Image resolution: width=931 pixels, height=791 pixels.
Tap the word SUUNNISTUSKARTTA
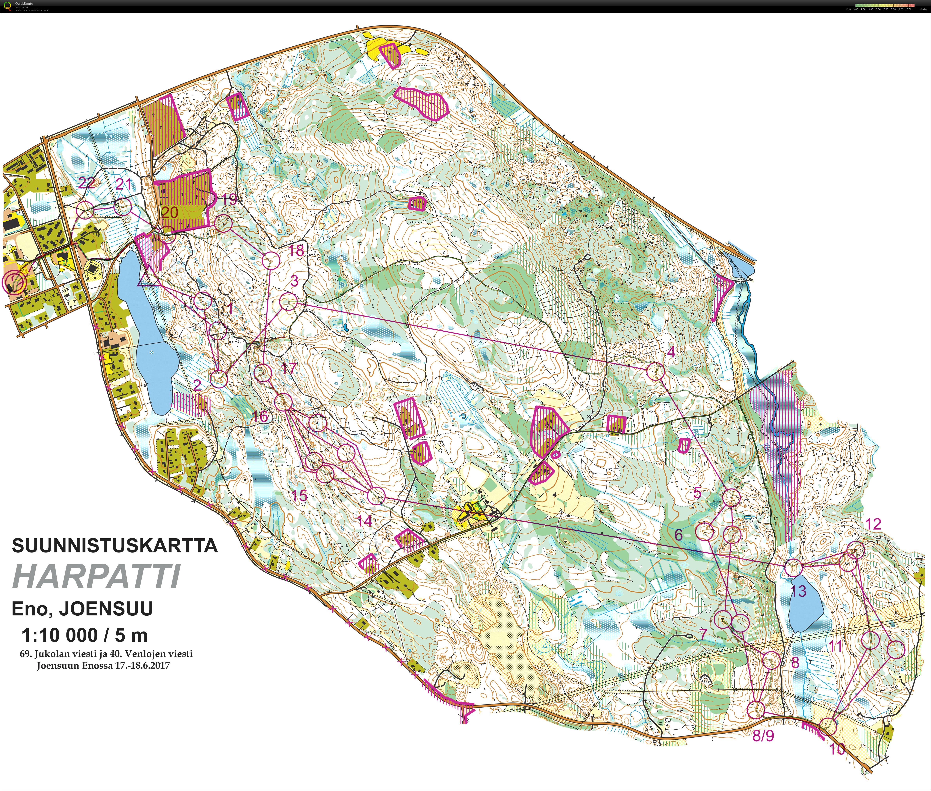pos(115,546)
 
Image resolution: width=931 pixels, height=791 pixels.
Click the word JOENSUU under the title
pos(106,609)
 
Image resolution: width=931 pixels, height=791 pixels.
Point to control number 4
pos(671,352)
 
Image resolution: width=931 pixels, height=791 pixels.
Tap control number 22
pos(86,182)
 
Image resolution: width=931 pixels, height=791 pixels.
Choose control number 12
pos(873,524)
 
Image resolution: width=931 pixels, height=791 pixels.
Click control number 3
pos(294,281)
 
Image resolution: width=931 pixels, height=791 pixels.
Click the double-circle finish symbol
pos(14,282)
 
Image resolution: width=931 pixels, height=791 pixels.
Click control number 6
pos(678,535)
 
